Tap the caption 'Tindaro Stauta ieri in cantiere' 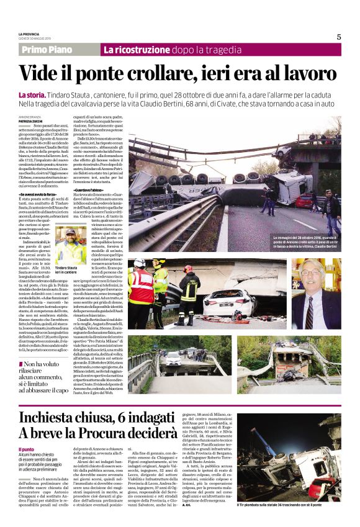[68, 270]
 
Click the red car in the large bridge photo [304, 200]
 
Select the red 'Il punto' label [27, 448]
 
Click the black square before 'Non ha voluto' [22, 363]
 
